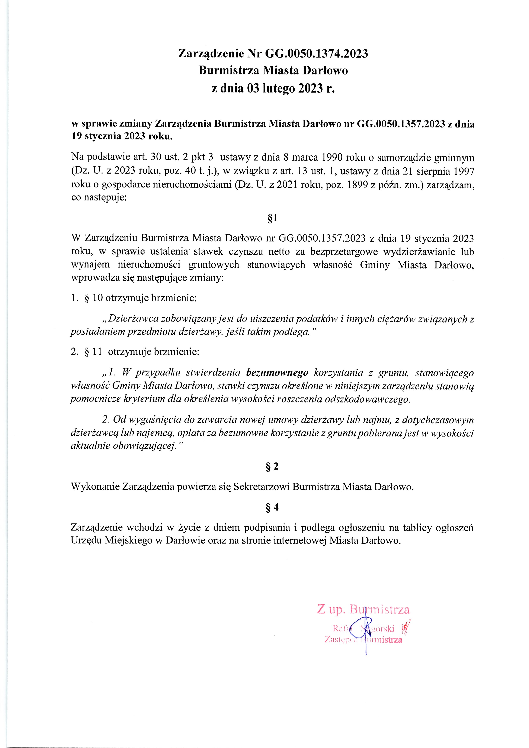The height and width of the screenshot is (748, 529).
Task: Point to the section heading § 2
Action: (272, 467)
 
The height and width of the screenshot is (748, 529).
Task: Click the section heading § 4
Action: (272, 507)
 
